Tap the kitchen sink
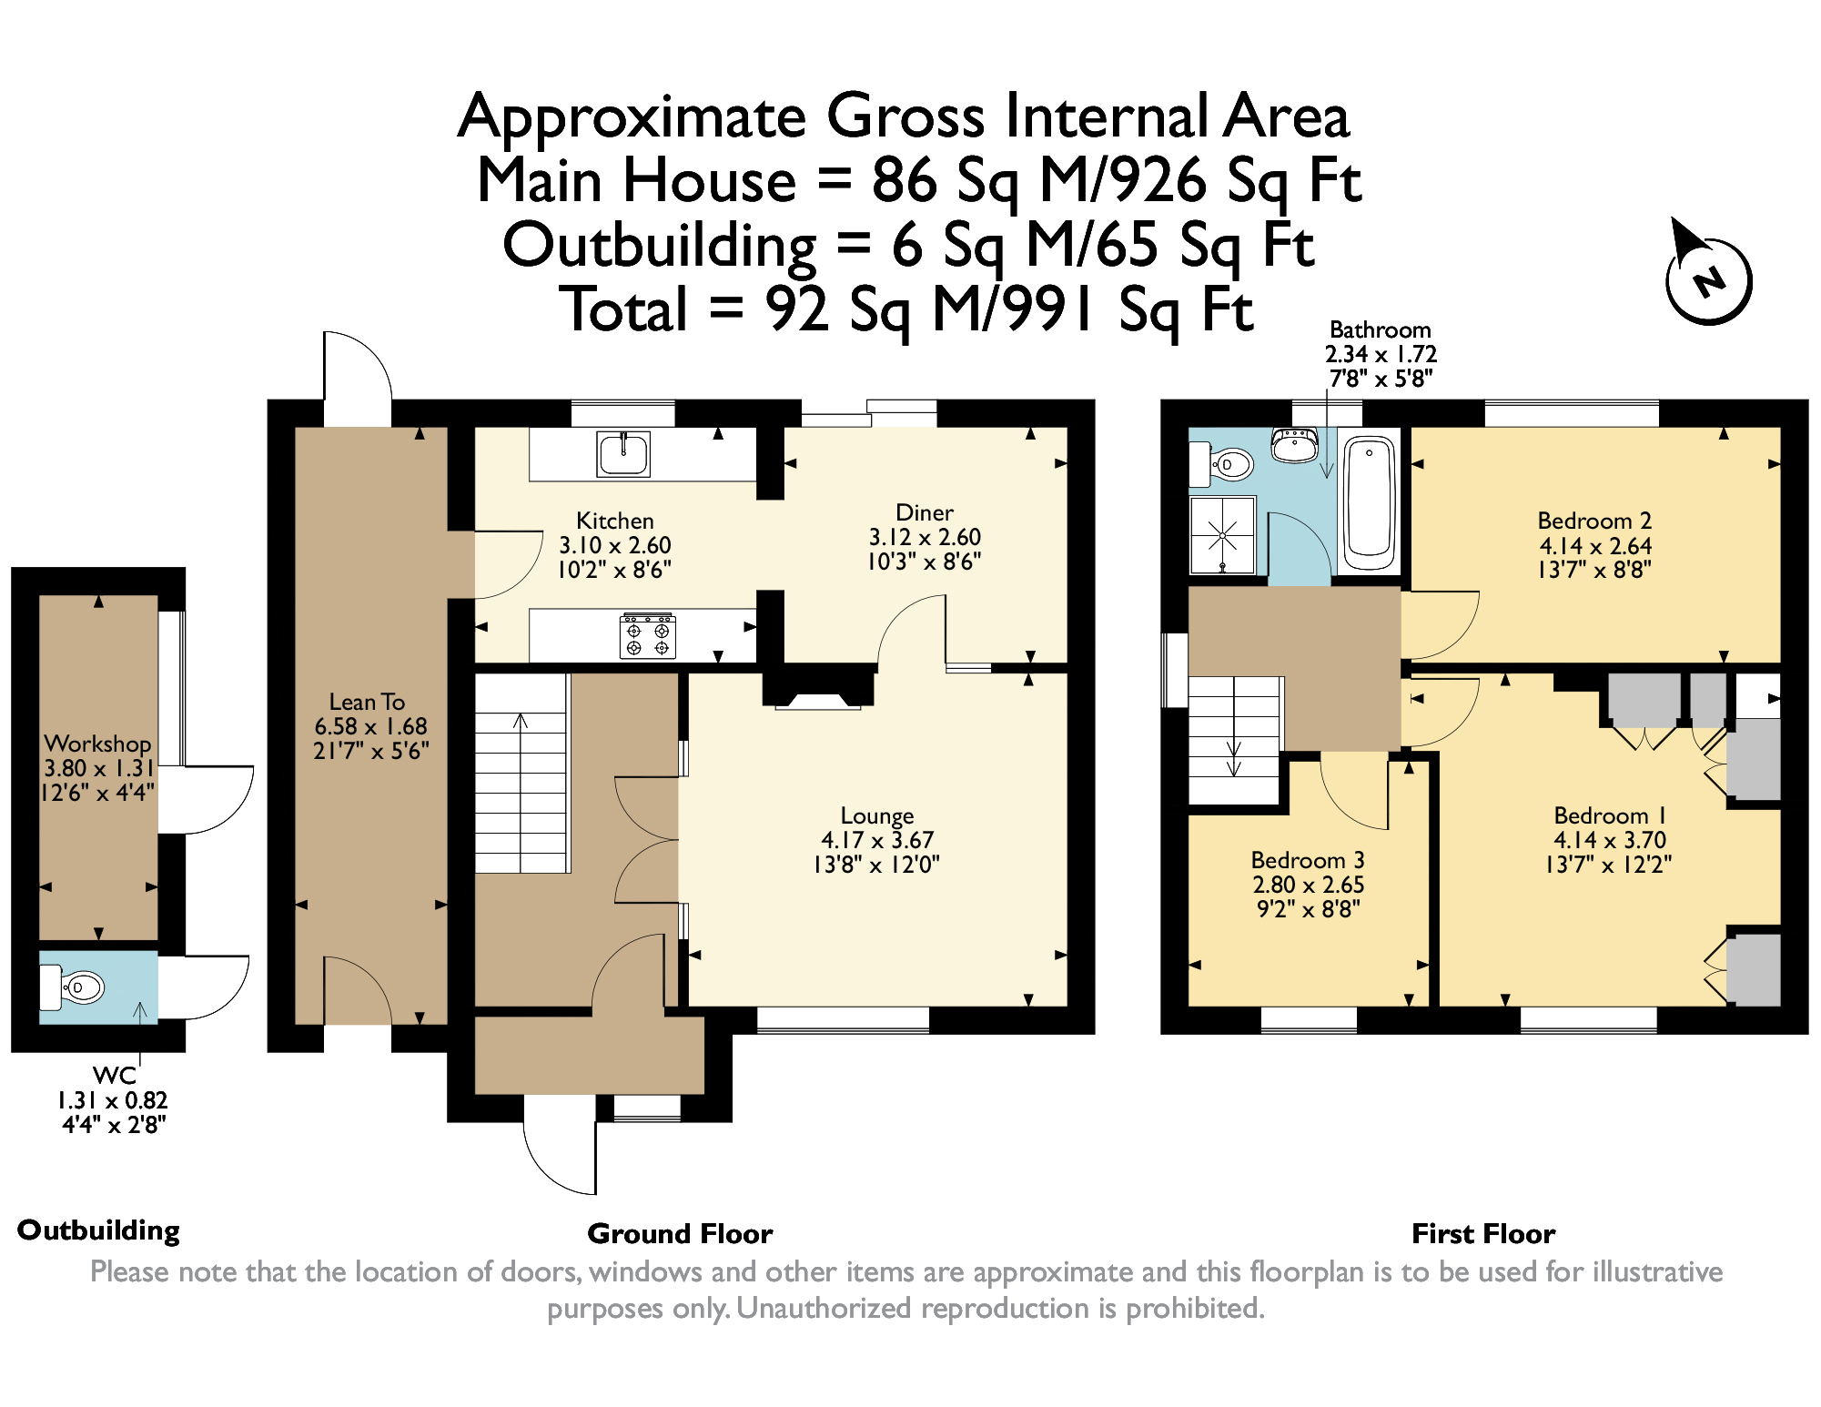coord(623,454)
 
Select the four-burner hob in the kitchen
coord(647,635)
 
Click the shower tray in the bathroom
coord(1223,535)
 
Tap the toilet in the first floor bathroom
coord(1222,465)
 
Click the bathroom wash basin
coord(1294,445)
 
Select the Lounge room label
coord(877,815)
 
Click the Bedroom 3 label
coord(1308,860)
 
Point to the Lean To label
coord(367,702)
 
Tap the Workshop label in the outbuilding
coord(97,744)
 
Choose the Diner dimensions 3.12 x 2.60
coord(925,537)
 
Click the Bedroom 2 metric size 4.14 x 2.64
coord(1595,546)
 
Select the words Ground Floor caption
coord(680,1233)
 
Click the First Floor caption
coord(1483,1233)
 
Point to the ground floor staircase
coord(521,773)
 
